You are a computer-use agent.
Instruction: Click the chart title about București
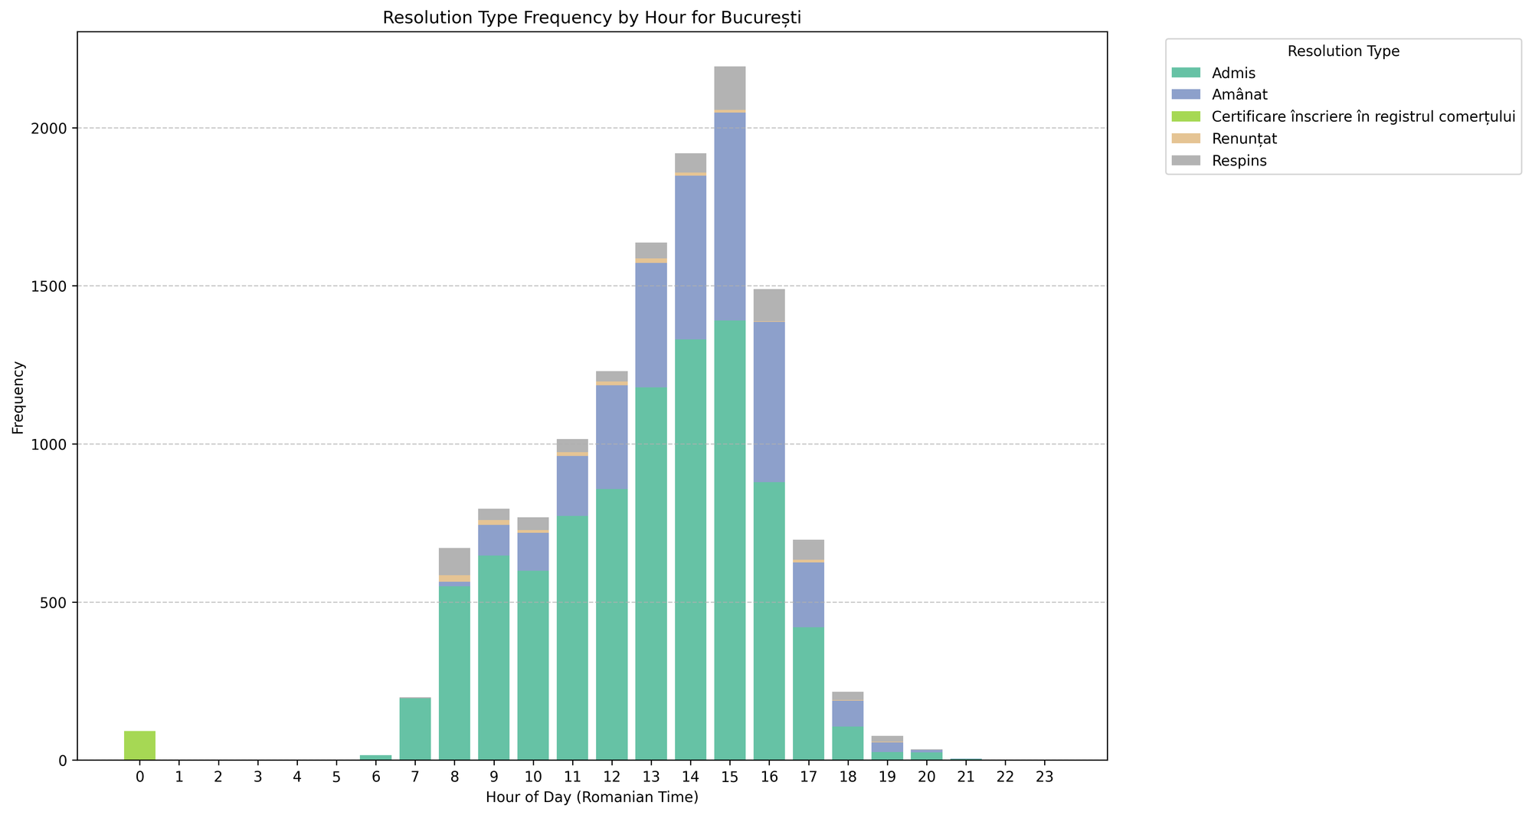pos(591,18)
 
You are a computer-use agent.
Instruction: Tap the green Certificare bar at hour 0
pos(139,745)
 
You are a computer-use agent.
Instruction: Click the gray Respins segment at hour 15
pos(729,88)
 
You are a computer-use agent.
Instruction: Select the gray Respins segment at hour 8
pos(454,561)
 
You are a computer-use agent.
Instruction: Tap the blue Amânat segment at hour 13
pos(651,325)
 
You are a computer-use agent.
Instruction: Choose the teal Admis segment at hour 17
pos(808,693)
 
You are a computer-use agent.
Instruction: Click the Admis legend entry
pos(1233,73)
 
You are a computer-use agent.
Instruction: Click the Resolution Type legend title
pos(1343,51)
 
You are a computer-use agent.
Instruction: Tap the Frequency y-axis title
pos(18,398)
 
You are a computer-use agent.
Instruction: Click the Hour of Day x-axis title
pos(591,797)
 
